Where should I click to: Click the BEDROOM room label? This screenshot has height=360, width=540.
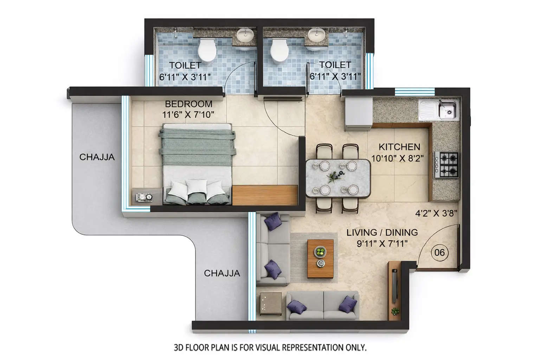click(188, 104)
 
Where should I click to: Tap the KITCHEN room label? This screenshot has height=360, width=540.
click(399, 147)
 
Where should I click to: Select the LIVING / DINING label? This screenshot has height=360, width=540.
click(382, 232)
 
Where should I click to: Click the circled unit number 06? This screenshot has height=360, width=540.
click(439, 252)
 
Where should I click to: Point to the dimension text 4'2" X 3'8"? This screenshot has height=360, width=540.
click(436, 213)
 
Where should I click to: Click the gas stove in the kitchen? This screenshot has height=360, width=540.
click(447, 165)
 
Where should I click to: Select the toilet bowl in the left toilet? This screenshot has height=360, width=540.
click(206, 51)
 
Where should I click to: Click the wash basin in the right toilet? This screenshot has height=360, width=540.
click(316, 35)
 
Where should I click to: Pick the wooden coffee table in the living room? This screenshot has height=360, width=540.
click(320, 258)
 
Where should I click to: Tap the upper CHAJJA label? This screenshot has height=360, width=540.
click(97, 157)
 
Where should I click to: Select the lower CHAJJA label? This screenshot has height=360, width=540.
click(222, 273)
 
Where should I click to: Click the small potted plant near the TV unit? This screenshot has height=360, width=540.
click(395, 311)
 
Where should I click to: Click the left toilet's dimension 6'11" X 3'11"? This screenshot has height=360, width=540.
click(185, 77)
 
